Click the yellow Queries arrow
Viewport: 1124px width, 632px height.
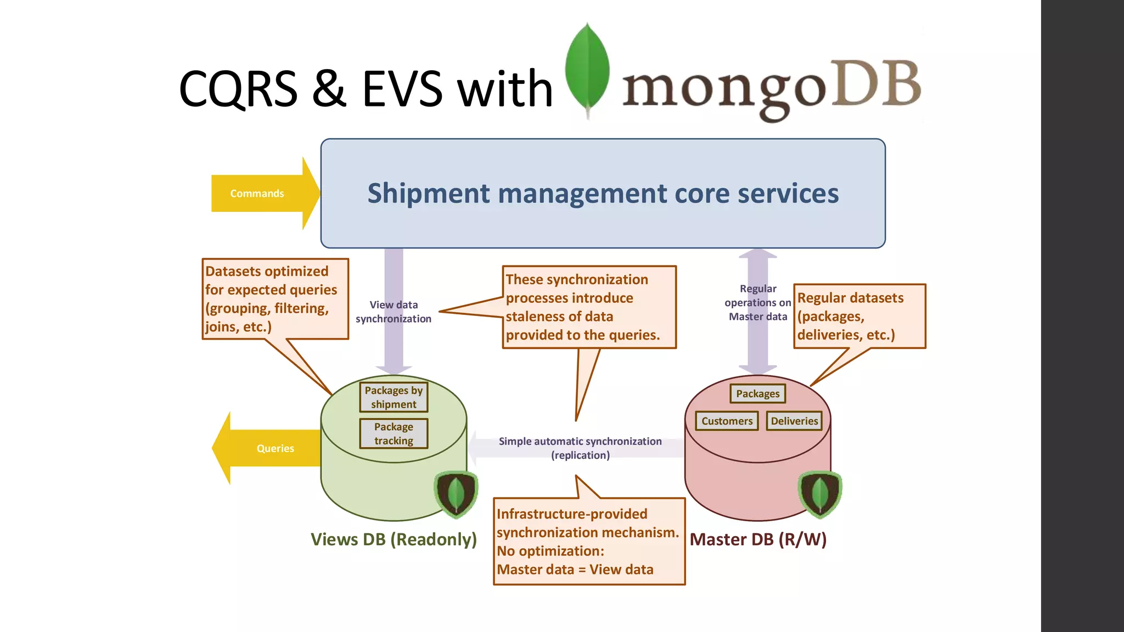[269, 448]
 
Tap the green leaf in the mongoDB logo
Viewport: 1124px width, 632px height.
[587, 69]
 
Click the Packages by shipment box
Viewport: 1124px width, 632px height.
[394, 397]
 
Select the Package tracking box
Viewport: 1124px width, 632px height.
[394, 433]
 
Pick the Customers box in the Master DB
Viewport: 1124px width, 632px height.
[727, 421]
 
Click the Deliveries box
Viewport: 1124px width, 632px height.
[794, 421]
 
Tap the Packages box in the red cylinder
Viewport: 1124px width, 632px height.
[757, 393]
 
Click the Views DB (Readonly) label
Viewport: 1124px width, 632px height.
[394, 539]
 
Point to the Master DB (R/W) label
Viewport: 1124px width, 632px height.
[758, 539]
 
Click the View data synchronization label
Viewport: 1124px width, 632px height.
[394, 312]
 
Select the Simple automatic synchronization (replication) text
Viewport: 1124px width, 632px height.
[580, 448]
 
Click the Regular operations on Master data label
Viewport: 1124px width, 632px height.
[758, 302]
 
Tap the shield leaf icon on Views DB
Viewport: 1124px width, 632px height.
[456, 494]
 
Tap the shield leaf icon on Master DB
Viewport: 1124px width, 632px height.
[820, 494]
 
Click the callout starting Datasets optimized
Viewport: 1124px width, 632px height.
[275, 299]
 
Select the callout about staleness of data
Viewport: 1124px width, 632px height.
[589, 307]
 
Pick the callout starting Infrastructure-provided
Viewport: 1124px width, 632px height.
[589, 541]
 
